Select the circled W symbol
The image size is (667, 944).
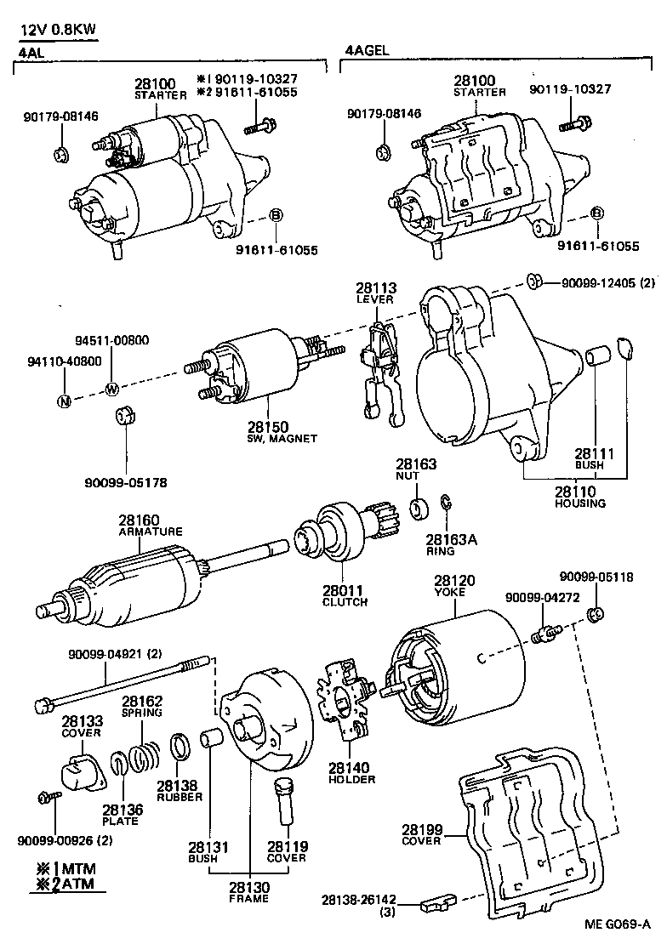click(111, 390)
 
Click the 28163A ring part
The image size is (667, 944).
click(444, 508)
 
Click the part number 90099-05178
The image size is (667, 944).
click(125, 482)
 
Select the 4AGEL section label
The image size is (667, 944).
click(367, 50)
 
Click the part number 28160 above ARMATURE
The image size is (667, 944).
click(139, 520)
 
